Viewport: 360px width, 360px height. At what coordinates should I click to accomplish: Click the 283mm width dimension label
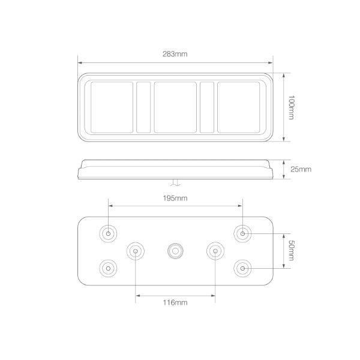pyautogui.click(x=175, y=54)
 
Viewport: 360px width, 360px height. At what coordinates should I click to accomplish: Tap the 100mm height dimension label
pyautogui.click(x=292, y=107)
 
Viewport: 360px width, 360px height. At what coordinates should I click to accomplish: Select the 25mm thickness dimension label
pyautogui.click(x=301, y=169)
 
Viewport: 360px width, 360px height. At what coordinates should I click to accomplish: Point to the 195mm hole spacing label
pyautogui.click(x=175, y=198)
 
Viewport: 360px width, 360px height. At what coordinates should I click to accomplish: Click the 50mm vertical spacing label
pyautogui.click(x=292, y=250)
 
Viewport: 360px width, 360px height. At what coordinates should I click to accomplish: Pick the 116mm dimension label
pyautogui.click(x=175, y=303)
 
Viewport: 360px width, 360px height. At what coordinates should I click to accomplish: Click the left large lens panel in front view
pyautogui.click(x=112, y=107)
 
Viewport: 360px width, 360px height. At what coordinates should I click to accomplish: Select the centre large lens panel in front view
pyautogui.click(x=175, y=107)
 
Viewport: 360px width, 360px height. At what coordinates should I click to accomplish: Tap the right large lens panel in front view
pyautogui.click(x=238, y=107)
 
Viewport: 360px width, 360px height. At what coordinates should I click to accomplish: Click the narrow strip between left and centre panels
pyautogui.click(x=143, y=107)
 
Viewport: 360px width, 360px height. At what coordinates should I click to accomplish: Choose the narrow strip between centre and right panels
pyautogui.click(x=207, y=107)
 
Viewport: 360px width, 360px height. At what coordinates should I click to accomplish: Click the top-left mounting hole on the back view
pyautogui.click(x=109, y=233)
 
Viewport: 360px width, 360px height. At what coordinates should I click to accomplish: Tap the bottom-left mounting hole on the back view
pyautogui.click(x=109, y=267)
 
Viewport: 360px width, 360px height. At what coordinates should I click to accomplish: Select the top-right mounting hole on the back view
pyautogui.click(x=242, y=233)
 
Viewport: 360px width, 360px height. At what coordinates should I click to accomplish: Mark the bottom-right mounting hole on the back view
pyautogui.click(x=242, y=267)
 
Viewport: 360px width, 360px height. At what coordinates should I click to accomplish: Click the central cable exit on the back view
pyautogui.click(x=175, y=250)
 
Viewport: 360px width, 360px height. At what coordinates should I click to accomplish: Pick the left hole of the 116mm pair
pyautogui.click(x=136, y=250)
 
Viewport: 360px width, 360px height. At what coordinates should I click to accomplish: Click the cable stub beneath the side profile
pyautogui.click(x=175, y=182)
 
